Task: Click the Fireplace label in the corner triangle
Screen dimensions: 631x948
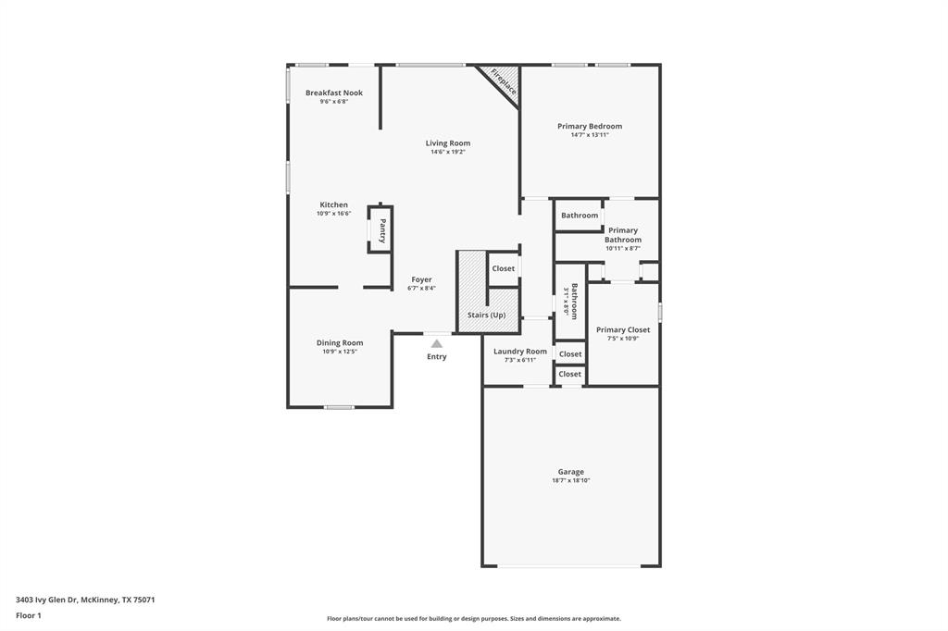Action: pos(504,81)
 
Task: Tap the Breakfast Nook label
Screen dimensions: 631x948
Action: pos(334,93)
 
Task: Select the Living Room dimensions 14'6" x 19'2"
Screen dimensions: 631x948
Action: pos(447,152)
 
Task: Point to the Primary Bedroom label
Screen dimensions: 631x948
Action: pos(590,126)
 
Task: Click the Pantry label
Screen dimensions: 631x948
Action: pos(382,229)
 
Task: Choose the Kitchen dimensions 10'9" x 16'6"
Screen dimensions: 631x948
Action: pos(333,214)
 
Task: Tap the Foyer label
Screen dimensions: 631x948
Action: pos(421,279)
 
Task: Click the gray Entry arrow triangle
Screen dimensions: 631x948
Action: pos(437,343)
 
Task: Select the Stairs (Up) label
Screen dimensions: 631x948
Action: pos(486,315)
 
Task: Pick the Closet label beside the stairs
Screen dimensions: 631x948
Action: pos(503,268)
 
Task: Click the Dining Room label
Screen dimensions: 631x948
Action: pos(340,342)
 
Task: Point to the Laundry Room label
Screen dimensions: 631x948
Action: pos(520,352)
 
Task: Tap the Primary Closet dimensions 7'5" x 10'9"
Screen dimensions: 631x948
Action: pos(623,339)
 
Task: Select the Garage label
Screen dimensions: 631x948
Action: pos(570,472)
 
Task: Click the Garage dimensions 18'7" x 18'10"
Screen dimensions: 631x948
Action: pos(570,481)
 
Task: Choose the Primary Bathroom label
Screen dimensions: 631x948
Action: pos(623,235)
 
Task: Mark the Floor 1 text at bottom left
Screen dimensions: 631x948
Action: pos(29,615)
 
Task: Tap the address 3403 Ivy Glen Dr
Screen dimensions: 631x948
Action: pos(46,600)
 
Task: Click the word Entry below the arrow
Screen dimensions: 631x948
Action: pos(437,357)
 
